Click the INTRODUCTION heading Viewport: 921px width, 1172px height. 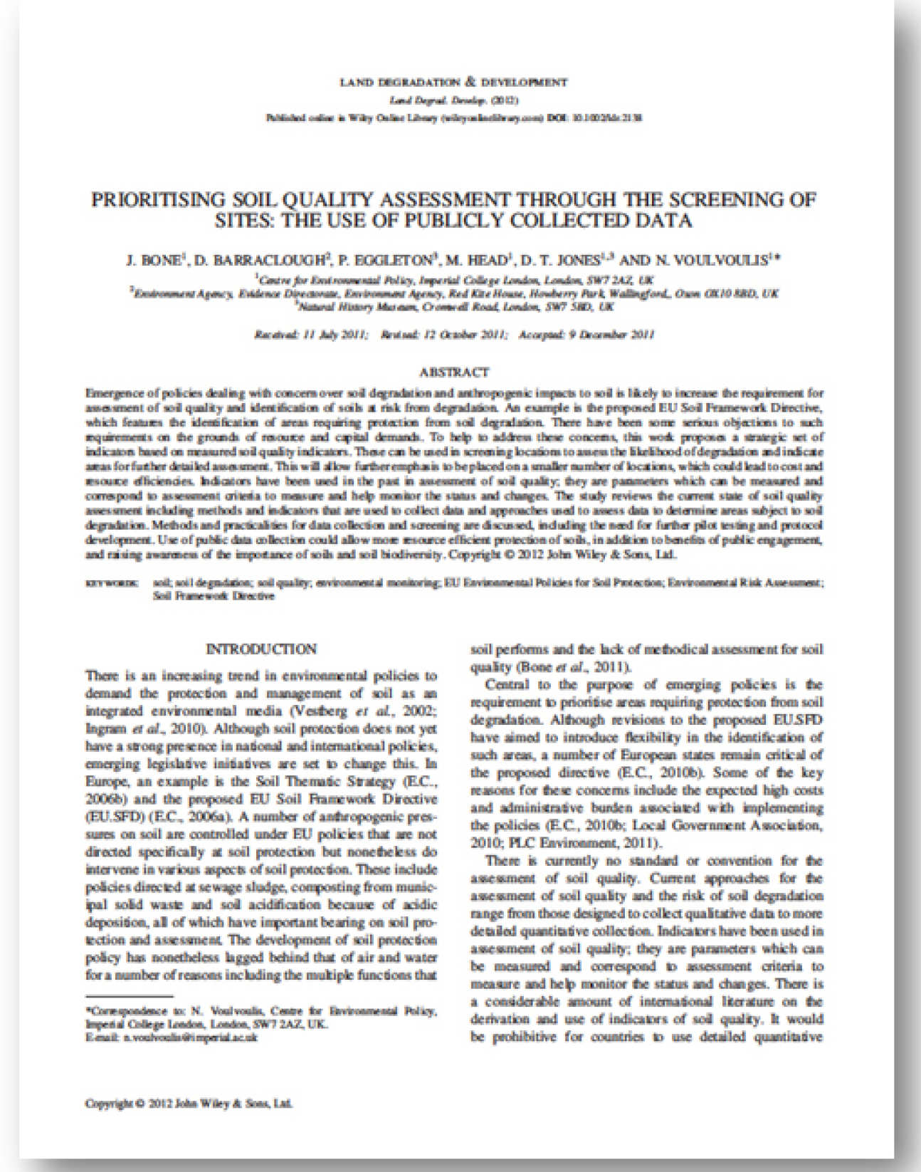260,649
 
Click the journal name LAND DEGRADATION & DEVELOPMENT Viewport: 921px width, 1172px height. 454,82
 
